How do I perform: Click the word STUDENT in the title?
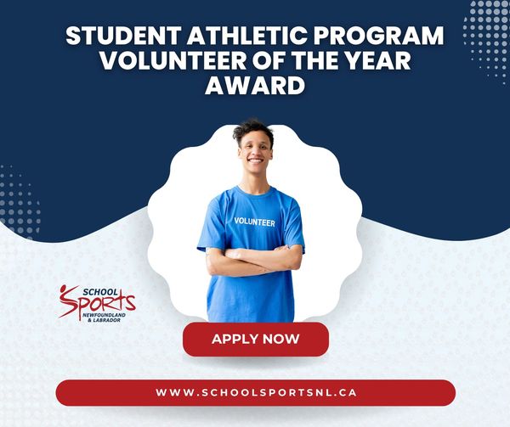click(123, 36)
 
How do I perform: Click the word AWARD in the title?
click(255, 85)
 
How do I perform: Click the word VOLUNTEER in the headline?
click(173, 60)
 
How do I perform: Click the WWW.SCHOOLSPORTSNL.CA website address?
click(256, 392)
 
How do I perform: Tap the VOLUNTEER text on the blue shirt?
click(254, 222)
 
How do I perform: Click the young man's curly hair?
click(253, 130)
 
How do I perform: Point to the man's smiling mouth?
click(255, 160)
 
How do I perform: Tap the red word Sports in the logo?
click(98, 303)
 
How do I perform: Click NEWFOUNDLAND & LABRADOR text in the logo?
click(104, 317)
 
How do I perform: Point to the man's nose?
click(255, 152)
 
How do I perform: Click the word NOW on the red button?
click(281, 339)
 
